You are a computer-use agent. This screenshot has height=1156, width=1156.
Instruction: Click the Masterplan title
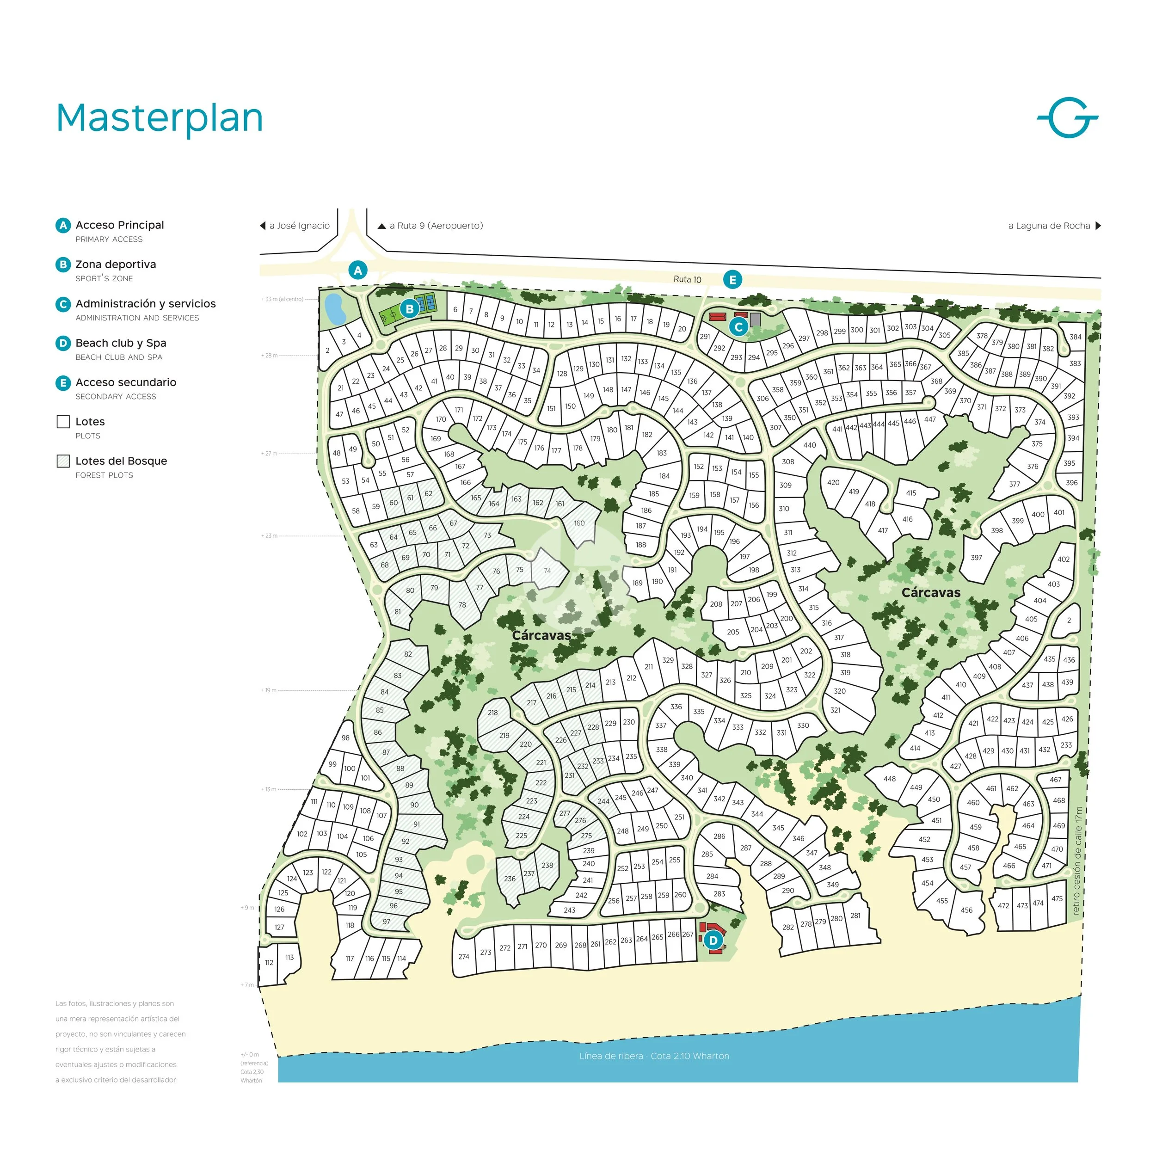159,118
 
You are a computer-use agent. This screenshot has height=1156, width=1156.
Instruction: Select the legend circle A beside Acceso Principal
63,226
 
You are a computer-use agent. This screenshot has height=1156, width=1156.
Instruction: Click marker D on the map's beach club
713,941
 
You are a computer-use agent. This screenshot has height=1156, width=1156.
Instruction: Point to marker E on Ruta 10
732,279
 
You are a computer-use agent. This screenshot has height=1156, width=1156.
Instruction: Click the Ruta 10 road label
687,279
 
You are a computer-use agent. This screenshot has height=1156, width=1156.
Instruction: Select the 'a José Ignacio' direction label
299,226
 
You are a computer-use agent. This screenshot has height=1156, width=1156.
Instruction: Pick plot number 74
547,571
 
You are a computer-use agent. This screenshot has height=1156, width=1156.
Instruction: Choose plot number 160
579,523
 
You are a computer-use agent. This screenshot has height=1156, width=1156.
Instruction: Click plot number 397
976,558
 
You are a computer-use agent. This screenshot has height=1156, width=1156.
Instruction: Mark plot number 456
966,910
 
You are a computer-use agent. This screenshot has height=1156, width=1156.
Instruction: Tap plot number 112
269,963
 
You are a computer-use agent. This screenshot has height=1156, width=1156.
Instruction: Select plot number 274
464,957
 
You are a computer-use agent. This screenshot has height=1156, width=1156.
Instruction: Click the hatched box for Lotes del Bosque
63,461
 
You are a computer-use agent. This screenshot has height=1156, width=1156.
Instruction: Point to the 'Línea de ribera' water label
654,1056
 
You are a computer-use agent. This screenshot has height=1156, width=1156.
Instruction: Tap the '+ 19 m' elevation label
269,690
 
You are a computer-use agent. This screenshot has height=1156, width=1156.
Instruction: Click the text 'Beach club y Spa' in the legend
121,343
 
